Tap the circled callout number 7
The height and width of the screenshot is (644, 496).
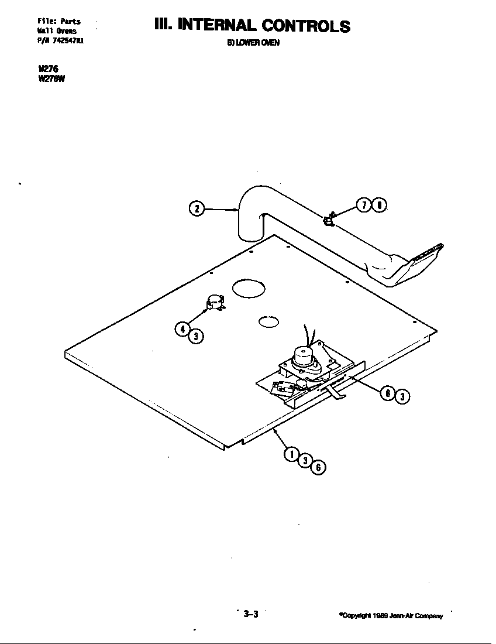coord(364,205)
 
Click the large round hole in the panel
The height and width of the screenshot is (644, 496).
coord(249,288)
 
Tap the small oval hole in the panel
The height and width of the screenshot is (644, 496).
coord(268,321)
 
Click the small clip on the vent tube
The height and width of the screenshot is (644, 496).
coord(329,220)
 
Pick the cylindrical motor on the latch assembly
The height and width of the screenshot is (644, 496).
coord(304,355)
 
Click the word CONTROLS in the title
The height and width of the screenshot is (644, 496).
coord(306,26)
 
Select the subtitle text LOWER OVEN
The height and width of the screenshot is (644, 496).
coord(248,43)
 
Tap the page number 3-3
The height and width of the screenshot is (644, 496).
coord(251,614)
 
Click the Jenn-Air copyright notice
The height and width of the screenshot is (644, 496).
coord(391,615)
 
